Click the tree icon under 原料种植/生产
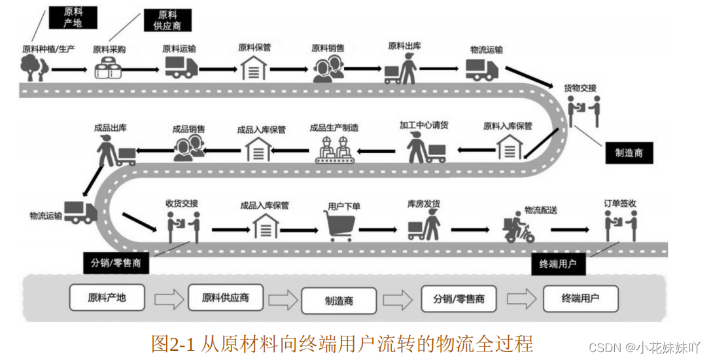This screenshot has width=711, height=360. click(33, 67)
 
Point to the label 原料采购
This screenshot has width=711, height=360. click(109, 48)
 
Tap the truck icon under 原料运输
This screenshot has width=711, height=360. click(181, 67)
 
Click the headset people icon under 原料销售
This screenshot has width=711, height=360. click(328, 68)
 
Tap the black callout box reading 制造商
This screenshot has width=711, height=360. click(629, 153)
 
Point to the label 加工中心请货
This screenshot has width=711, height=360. click(424, 126)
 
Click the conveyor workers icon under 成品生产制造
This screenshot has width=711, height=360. click(334, 150)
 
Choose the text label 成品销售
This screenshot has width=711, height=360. click(188, 129)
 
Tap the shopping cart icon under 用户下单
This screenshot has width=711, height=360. click(341, 227)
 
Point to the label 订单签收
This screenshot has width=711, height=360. click(619, 204)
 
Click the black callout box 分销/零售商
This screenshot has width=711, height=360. click(116, 264)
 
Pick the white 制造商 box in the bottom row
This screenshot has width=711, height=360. click(339, 300)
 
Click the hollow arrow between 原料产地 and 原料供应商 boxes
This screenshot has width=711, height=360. click(169, 299)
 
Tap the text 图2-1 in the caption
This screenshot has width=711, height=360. click(173, 344)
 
